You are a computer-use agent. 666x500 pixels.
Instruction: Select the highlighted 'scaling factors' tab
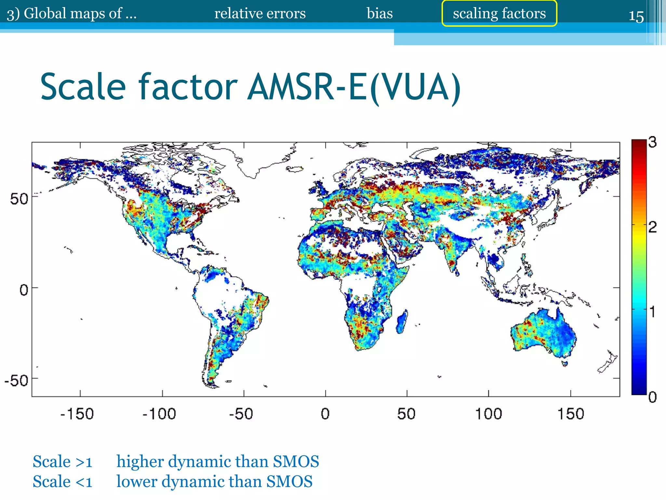point(499,14)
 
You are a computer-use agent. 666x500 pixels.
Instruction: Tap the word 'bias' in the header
point(380,14)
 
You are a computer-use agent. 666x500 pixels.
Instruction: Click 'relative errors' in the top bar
point(260,14)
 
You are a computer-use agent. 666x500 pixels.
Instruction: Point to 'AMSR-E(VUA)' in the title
point(354,87)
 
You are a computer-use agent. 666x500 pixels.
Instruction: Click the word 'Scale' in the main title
point(83,87)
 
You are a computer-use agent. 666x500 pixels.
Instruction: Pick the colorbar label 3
point(652,142)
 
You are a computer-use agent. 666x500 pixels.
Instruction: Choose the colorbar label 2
point(652,227)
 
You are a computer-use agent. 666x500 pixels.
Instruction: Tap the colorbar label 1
point(652,312)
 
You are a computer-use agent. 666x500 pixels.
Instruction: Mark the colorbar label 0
point(652,397)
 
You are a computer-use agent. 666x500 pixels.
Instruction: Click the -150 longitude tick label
point(77,414)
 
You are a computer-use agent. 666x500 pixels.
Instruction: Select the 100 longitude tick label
point(488,414)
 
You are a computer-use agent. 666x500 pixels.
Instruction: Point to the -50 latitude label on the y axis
point(16,380)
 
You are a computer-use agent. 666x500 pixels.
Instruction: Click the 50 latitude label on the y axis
point(19,199)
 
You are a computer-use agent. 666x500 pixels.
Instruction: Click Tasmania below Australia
point(565,363)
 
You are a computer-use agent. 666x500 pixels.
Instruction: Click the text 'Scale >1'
point(62,462)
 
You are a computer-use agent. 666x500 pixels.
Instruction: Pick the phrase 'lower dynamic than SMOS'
point(214,481)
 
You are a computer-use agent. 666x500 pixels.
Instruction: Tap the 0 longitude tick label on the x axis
point(325,414)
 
